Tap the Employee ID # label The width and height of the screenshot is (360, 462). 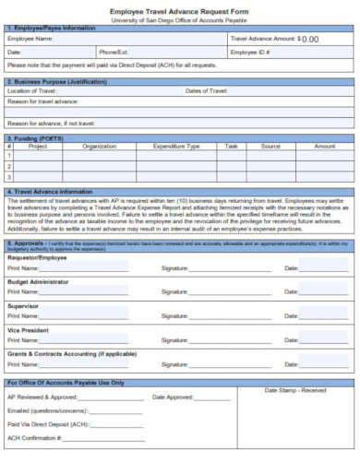click(x=250, y=53)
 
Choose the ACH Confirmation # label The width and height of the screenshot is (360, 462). click(x=30, y=438)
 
